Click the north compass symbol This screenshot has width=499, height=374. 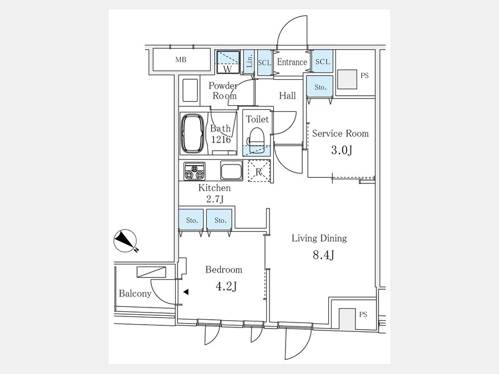[x=125, y=241]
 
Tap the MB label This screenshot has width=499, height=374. [x=181, y=59]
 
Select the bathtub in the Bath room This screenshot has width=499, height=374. [x=192, y=134]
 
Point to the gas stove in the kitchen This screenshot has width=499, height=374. [x=195, y=171]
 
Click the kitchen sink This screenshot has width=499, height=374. [x=231, y=170]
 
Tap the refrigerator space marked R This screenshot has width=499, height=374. [x=259, y=171]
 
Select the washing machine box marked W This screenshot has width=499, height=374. [x=228, y=62]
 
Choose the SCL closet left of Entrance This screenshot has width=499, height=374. [x=264, y=63]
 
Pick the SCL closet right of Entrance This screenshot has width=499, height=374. [x=322, y=62]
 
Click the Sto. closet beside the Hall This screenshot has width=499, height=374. [x=320, y=87]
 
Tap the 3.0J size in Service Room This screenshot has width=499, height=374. [x=342, y=150]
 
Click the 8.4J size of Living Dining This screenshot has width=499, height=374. [x=323, y=255]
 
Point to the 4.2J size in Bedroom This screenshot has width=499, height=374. [x=226, y=287]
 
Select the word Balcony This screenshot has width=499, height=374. [x=135, y=293]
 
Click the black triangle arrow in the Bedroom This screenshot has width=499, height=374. [x=186, y=291]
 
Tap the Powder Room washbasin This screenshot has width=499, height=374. [x=190, y=90]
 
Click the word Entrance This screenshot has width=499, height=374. [x=292, y=62]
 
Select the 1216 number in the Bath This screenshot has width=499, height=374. [x=221, y=139]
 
